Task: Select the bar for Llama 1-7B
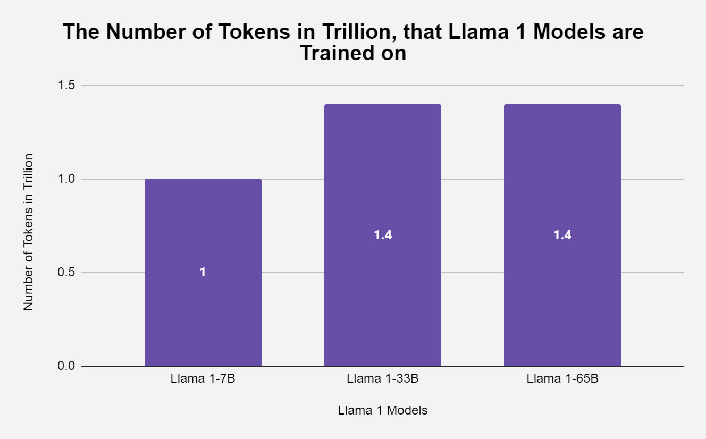(x=203, y=319)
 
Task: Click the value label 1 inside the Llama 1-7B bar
(x=203, y=272)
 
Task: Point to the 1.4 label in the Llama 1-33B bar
(x=383, y=235)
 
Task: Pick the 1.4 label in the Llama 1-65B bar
(x=562, y=235)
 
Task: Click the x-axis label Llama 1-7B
(x=203, y=379)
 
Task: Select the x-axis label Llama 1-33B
(x=383, y=379)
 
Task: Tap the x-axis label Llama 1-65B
(x=562, y=379)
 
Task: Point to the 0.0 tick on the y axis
(x=66, y=366)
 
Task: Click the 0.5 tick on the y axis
(x=66, y=273)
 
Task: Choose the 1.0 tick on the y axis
(x=66, y=179)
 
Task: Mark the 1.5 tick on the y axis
(x=66, y=86)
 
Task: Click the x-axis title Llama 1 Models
(x=383, y=410)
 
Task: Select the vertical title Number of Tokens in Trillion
(x=29, y=232)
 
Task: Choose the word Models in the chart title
(x=570, y=32)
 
